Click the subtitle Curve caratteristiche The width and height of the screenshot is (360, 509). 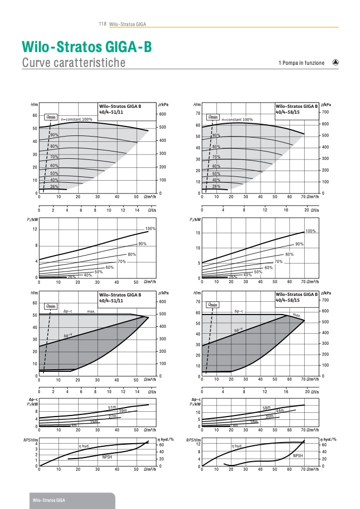[x=74, y=63]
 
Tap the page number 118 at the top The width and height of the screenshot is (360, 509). [x=103, y=24]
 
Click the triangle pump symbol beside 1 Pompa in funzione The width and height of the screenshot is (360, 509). [x=335, y=62]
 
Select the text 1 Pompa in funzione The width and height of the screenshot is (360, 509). [x=301, y=63]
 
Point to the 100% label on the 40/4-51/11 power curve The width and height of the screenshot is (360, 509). [x=150, y=228]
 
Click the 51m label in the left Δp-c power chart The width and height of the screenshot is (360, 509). [x=112, y=407]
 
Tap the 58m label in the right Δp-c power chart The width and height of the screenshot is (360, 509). [x=266, y=407]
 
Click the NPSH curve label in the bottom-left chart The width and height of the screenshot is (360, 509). [x=107, y=456]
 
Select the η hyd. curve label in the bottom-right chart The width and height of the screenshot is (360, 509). [x=237, y=446]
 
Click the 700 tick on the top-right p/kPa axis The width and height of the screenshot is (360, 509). [x=325, y=113]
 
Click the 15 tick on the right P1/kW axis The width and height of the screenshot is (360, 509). [x=197, y=233]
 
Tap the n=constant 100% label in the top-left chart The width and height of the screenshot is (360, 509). [x=76, y=119]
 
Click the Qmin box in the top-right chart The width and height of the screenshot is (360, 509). [x=213, y=117]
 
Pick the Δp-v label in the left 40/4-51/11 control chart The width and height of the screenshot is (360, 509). [x=68, y=336]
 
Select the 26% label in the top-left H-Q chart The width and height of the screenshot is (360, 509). [x=54, y=186]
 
